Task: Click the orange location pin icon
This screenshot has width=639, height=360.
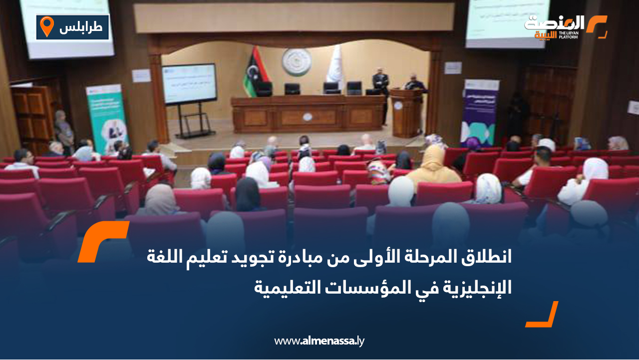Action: pos(46,26)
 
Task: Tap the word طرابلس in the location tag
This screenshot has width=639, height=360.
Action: pos(80,27)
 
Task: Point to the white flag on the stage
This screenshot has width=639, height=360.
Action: pos(334,65)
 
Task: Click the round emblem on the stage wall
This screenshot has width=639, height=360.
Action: pos(296,62)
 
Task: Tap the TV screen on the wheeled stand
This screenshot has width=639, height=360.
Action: pos(189,83)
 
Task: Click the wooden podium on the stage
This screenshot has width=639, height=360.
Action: pos(406,113)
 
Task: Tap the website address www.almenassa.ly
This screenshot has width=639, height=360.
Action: pos(319,342)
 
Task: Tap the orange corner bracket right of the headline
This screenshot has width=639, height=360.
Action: pos(543,315)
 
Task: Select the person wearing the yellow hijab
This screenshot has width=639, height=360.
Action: pos(432,165)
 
